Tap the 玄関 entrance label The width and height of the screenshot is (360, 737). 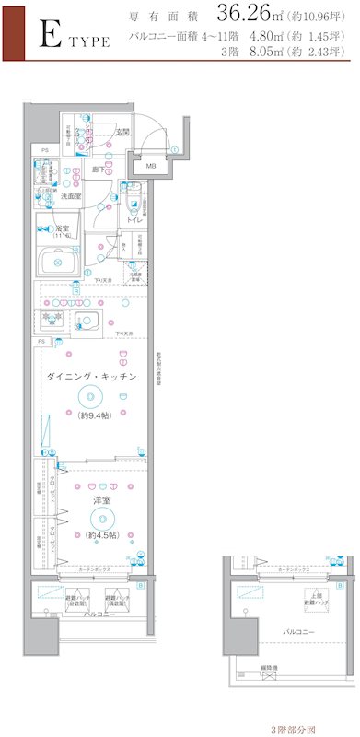[x=122, y=133]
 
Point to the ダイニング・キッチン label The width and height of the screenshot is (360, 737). [x=92, y=377]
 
